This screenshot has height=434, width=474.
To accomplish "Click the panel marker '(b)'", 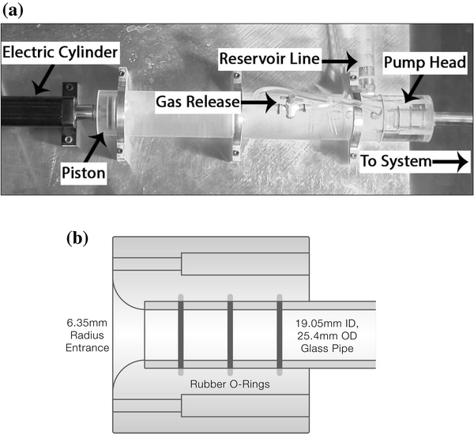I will [x=77, y=237].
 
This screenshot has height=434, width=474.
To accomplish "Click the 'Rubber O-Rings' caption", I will [x=229, y=383].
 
